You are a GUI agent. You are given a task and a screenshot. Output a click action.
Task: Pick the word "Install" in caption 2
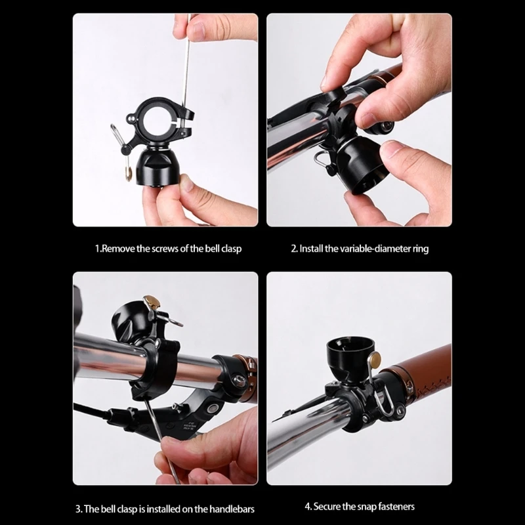coord(313,249)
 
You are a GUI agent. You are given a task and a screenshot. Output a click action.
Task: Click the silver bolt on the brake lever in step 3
coord(212,408)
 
